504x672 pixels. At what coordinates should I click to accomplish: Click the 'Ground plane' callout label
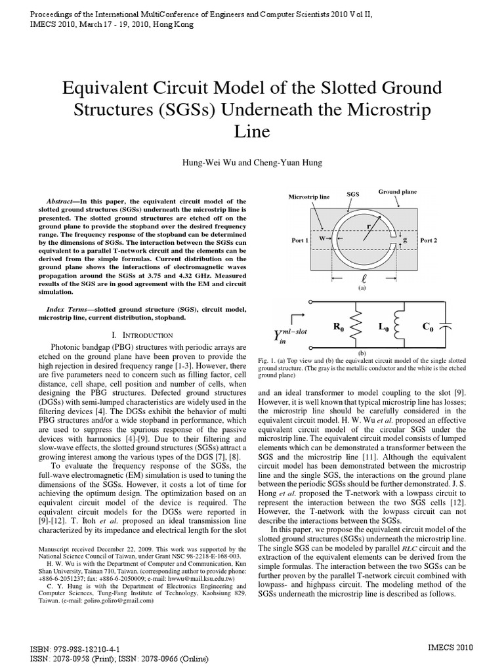click(x=397, y=192)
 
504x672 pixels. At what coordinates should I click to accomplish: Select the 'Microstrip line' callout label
click(x=309, y=197)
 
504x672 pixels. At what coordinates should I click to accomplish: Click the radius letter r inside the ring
click(x=369, y=226)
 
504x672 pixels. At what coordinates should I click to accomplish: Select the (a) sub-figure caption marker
click(x=362, y=287)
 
